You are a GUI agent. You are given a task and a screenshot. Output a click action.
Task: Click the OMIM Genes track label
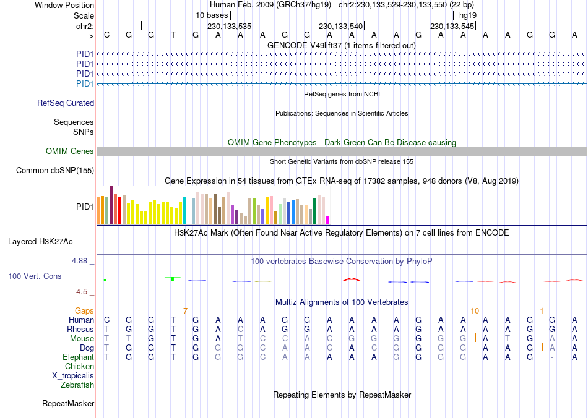(69, 151)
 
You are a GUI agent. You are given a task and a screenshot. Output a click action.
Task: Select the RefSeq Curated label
(66, 103)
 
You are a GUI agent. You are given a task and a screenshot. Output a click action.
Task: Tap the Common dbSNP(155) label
(55, 170)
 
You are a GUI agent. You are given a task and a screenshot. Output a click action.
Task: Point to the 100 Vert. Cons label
(35, 276)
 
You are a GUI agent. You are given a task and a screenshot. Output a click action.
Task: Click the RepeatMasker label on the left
(68, 404)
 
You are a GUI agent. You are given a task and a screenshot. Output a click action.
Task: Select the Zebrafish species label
(77, 385)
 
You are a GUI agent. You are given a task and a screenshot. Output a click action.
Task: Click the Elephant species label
(78, 357)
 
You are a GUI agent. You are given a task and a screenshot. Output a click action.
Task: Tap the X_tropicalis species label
(73, 376)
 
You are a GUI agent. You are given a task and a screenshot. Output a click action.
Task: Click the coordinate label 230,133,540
(340, 27)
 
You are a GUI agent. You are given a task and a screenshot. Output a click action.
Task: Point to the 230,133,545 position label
(452, 27)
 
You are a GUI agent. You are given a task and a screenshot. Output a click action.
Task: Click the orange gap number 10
(475, 310)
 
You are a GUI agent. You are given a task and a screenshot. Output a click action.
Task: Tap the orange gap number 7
(185, 310)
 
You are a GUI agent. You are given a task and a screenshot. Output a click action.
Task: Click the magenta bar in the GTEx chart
(328, 220)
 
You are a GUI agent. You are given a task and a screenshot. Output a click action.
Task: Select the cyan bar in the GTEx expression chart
(184, 211)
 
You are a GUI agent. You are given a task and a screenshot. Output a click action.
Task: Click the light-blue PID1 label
(85, 83)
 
